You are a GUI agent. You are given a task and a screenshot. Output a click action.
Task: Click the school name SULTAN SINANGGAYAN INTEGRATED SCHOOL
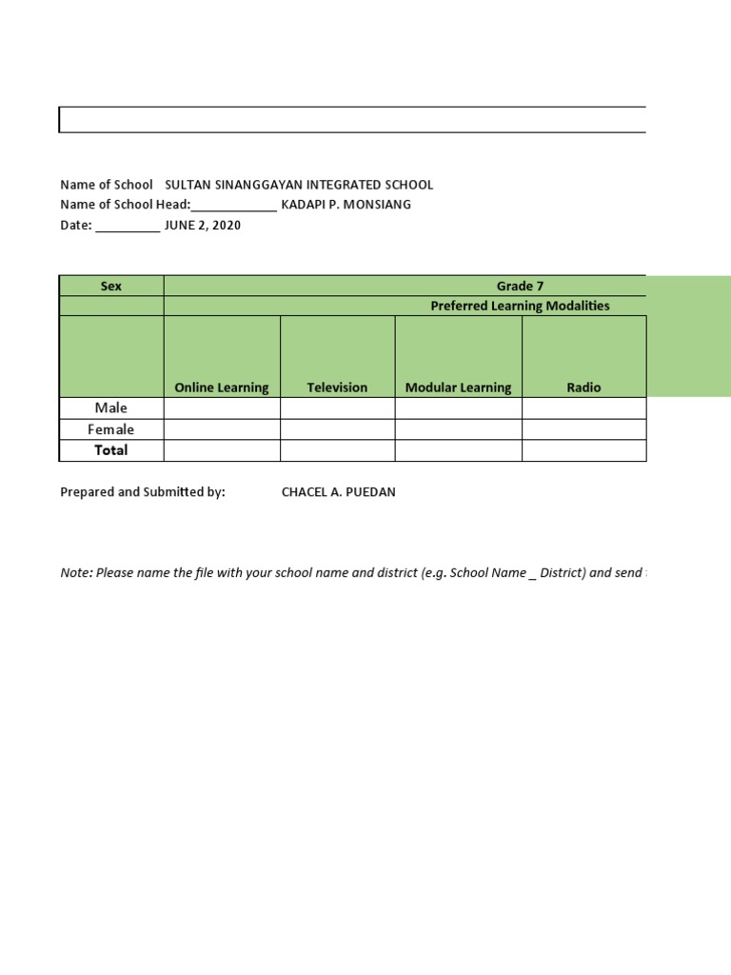click(299, 185)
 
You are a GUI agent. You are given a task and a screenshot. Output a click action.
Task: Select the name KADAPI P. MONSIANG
click(346, 205)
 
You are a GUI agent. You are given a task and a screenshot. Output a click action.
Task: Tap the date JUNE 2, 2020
click(203, 226)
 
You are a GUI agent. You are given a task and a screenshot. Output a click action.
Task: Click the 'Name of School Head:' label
click(126, 205)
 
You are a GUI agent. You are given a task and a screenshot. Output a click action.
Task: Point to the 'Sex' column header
click(111, 286)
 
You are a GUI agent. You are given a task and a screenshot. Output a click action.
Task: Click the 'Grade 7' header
click(520, 286)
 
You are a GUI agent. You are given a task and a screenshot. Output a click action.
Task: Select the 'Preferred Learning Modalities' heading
click(520, 306)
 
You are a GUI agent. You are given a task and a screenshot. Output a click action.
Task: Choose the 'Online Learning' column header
click(222, 388)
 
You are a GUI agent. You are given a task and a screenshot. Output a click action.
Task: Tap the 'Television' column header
click(337, 388)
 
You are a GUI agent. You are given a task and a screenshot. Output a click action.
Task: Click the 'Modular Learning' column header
click(458, 388)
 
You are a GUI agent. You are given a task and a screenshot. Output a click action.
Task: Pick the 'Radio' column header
click(583, 388)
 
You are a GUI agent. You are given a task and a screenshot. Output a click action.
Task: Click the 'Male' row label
click(111, 408)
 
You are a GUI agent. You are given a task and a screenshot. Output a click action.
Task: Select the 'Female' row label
click(111, 429)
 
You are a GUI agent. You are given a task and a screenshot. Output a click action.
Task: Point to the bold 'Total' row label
click(111, 450)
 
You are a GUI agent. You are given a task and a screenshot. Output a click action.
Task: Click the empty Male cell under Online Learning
click(222, 408)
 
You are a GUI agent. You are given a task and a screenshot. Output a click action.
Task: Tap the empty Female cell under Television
click(337, 429)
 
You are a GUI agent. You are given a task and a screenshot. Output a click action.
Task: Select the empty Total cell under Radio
click(583, 450)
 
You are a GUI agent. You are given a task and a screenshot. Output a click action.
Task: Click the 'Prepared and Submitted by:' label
click(143, 492)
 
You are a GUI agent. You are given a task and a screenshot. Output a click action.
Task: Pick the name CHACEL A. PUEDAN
click(338, 492)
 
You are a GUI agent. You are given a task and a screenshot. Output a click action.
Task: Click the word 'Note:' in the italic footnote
click(76, 574)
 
